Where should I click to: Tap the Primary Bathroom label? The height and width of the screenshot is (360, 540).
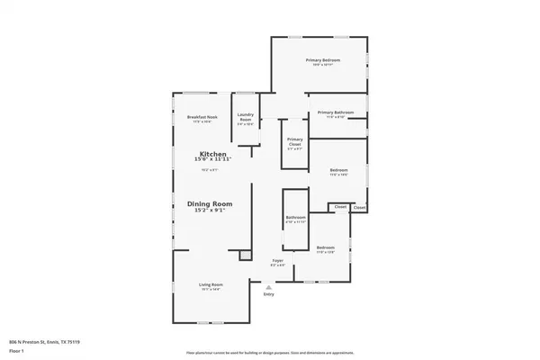coord(335,112)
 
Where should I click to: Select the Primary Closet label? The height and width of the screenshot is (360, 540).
coord(294,139)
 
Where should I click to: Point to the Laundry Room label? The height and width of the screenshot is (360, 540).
coord(245,114)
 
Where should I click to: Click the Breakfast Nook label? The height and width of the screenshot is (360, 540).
coord(202,117)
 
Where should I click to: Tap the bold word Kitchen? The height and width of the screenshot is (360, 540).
coord(212,155)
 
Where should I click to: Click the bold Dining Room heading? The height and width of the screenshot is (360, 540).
coord(210,204)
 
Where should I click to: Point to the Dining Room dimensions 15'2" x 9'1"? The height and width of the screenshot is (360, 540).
coord(210,211)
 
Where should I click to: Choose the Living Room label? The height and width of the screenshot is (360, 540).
coord(211,284)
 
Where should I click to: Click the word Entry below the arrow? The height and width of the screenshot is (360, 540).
coord(268,294)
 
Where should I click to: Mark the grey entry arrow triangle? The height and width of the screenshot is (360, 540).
coord(268,287)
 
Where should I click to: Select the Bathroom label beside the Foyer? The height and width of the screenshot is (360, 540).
coord(296,218)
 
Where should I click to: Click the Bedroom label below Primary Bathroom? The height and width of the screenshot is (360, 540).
coord(338,170)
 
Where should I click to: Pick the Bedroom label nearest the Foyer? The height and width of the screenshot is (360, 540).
coord(326,247)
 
